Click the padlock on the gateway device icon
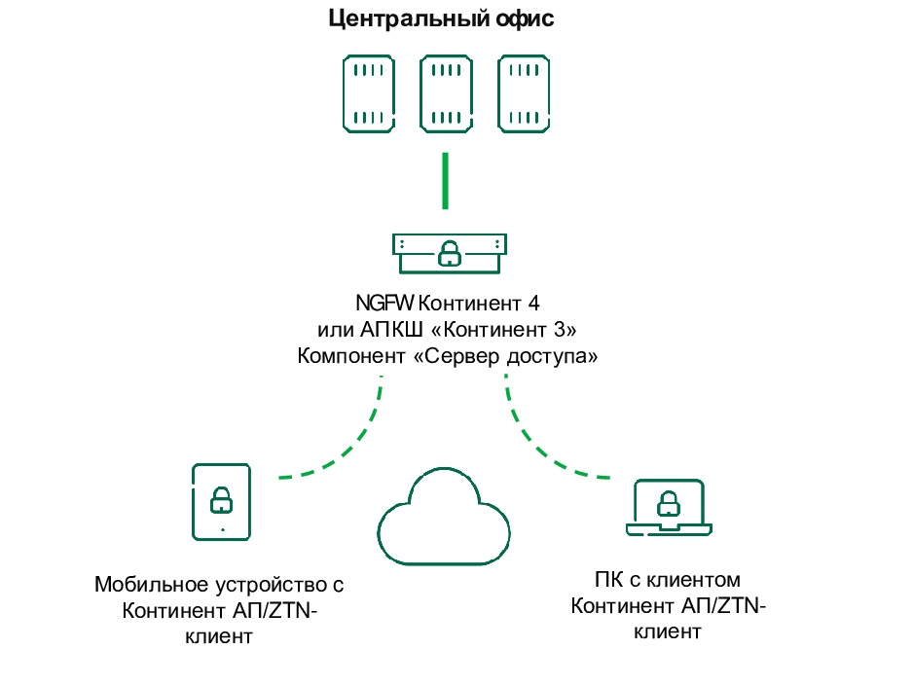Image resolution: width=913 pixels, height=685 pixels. click(x=448, y=253)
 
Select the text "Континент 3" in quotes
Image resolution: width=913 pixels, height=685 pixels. click(x=497, y=328)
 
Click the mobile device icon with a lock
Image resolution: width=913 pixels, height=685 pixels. click(x=222, y=500)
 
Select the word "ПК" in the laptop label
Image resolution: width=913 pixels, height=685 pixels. click(x=606, y=581)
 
